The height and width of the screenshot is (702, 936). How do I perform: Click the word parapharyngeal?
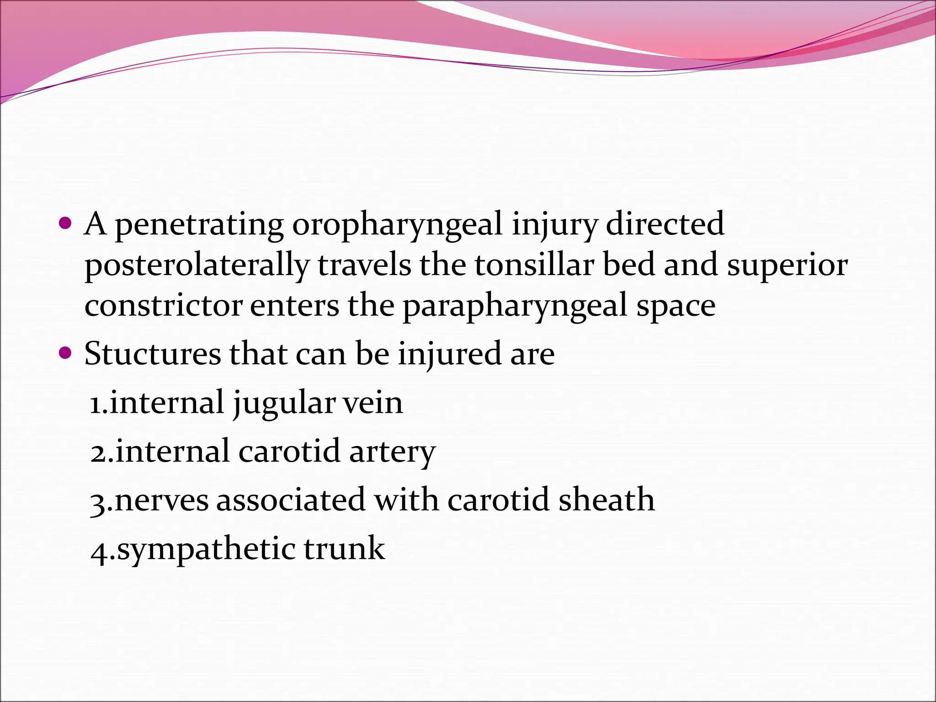[x=515, y=306]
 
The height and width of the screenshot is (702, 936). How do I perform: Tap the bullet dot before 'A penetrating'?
[x=66, y=223]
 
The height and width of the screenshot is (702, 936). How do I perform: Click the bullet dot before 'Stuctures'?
[x=66, y=353]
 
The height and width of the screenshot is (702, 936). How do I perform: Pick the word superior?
[x=787, y=266]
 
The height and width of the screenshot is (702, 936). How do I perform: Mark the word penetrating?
[x=199, y=225]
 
